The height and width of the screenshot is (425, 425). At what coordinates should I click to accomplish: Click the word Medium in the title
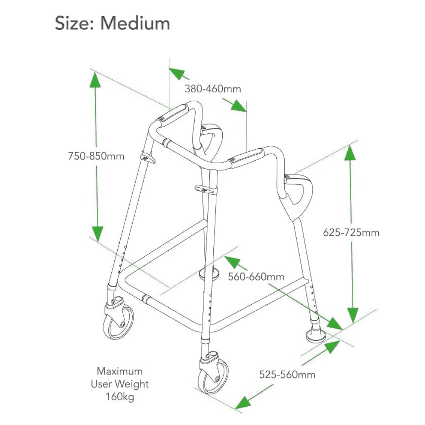pos(135,23)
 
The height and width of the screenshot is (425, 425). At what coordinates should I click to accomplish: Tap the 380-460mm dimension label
pos(212,89)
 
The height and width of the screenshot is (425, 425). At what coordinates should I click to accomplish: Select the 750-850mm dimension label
pos(96,156)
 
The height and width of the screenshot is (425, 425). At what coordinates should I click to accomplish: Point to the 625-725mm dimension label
pos(351,232)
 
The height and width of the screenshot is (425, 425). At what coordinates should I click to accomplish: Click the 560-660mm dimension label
pos(256,277)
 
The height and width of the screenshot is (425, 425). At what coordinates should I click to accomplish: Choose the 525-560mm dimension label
pos(287,374)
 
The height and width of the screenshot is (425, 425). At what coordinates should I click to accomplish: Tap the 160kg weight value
pos(120,397)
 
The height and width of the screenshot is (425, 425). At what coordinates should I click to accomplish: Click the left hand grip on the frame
pos(174,114)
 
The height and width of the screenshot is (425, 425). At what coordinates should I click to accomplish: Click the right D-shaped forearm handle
pos(300,191)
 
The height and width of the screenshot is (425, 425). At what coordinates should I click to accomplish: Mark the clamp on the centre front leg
pos(206,189)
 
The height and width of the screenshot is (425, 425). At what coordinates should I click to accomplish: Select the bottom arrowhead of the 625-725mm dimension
pos(352,315)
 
